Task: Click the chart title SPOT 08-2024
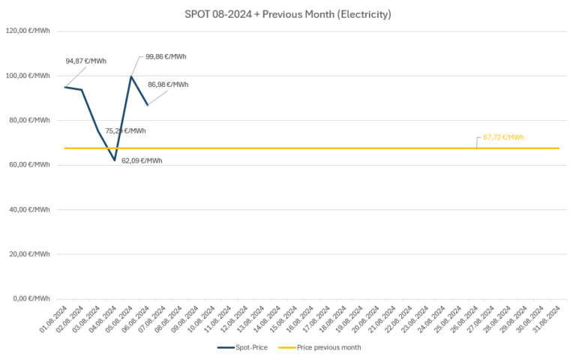288,13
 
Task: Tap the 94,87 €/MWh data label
85,61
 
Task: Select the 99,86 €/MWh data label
166,56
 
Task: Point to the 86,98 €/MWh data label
168,85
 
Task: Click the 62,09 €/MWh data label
142,160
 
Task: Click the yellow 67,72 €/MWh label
503,137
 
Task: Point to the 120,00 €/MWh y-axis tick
28,31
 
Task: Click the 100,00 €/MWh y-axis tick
28,76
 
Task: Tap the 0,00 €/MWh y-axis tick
32,299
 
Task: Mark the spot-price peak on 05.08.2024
131,76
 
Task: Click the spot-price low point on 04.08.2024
115,160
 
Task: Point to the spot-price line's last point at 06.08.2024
148,104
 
